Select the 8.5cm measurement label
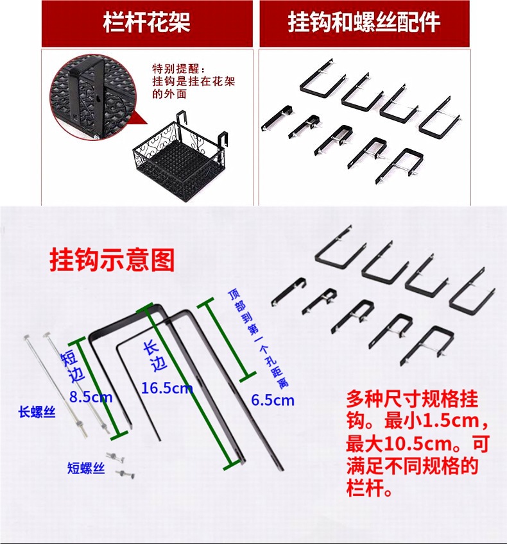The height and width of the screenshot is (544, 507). point(90,397)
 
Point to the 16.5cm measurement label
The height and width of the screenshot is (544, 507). point(166,388)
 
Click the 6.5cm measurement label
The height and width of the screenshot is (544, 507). point(273,400)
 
